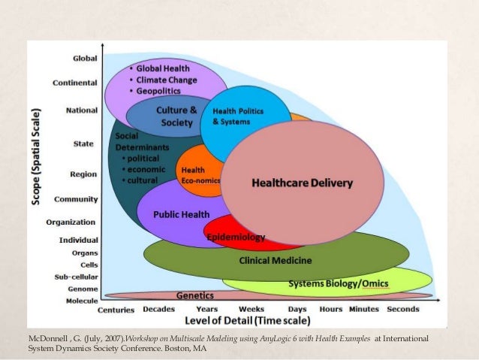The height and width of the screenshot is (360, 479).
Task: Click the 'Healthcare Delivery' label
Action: (302, 183)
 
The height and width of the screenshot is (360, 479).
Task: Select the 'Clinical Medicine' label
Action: (276, 261)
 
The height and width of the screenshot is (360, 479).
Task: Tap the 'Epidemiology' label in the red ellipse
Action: (236, 237)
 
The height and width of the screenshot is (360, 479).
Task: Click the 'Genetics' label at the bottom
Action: (194, 295)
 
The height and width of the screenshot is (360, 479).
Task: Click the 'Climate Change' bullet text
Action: (167, 80)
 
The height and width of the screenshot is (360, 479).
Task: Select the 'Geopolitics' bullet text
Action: (161, 91)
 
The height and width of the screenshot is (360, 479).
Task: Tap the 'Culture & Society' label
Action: (176, 116)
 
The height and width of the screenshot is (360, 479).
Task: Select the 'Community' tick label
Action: (76, 199)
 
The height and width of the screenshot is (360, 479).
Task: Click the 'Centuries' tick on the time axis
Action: (116, 309)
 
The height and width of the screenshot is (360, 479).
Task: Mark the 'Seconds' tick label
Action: (403, 309)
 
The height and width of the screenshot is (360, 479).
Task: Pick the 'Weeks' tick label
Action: (252, 309)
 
